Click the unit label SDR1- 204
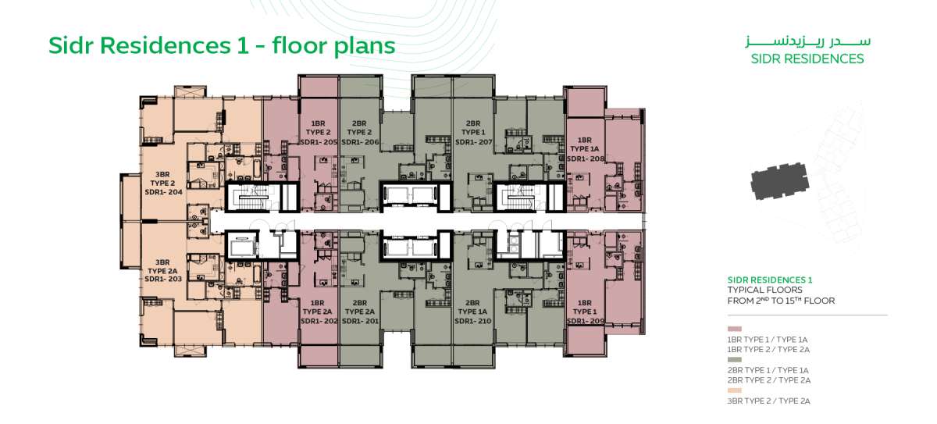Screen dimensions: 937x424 (x=163, y=192)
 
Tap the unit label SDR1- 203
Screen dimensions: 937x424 (x=163, y=279)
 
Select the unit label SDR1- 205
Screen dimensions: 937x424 (x=319, y=142)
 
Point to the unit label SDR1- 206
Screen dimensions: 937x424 (x=360, y=142)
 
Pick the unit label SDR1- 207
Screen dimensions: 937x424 (x=473, y=142)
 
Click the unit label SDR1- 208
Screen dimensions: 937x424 (x=586, y=159)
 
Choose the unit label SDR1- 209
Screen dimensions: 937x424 (x=586, y=321)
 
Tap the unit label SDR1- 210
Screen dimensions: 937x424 (x=473, y=321)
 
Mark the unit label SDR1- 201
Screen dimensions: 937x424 (x=360, y=321)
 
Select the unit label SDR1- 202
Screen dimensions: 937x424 (x=319, y=321)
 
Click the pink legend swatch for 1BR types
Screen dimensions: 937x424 (x=735, y=329)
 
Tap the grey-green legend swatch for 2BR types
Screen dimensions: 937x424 (x=735, y=360)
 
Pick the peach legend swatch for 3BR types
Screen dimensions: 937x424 (x=735, y=390)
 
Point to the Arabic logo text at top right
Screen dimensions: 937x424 (x=807, y=42)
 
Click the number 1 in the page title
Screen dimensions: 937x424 (x=243, y=45)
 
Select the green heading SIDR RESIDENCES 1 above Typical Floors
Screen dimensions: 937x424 (x=770, y=280)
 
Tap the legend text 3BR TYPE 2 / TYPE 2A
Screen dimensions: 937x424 (x=769, y=401)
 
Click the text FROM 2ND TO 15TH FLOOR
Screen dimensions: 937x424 (x=781, y=301)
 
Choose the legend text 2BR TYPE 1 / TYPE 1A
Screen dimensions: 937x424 (x=768, y=370)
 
